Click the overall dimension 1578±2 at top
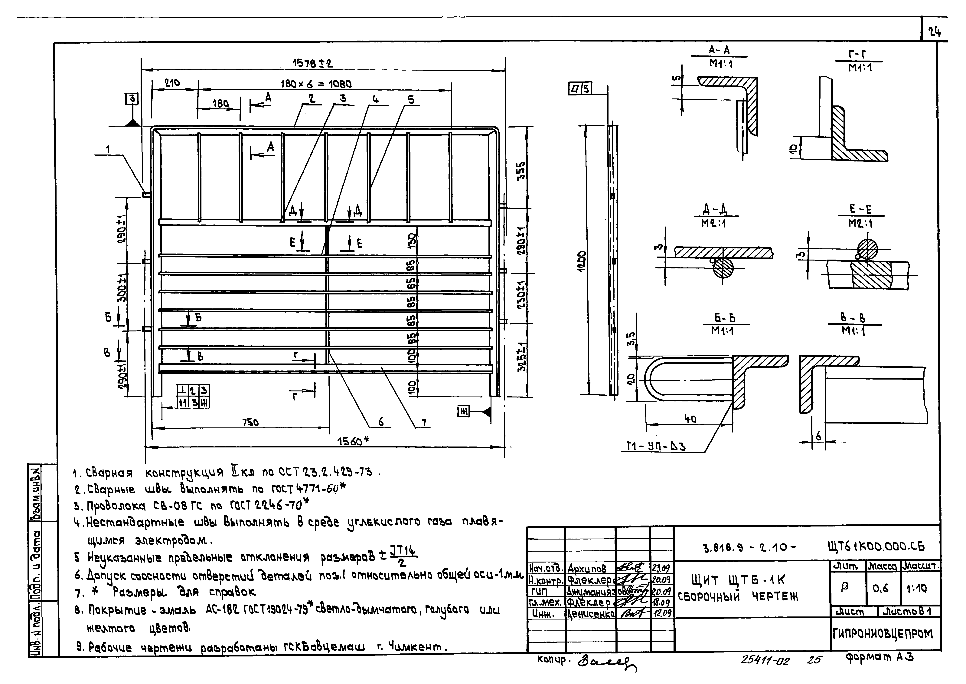312,64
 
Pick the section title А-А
719,51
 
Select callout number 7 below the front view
424,422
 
